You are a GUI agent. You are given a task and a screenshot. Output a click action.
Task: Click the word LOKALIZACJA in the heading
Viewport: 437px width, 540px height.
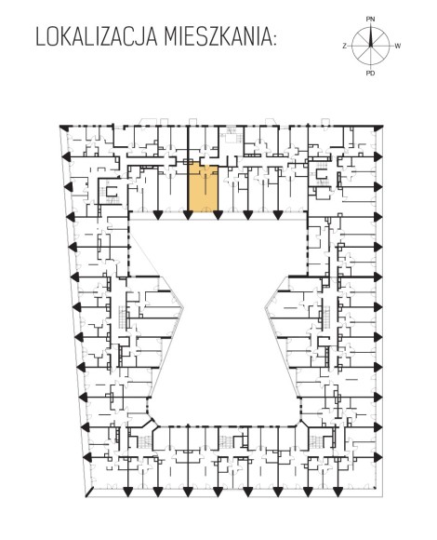(97, 37)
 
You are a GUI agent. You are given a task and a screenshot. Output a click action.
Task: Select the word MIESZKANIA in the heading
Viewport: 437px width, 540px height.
(216, 37)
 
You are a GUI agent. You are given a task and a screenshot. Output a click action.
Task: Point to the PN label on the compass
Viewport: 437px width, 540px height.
(370, 20)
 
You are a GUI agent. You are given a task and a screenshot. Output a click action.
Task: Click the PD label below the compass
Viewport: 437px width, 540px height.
(370, 73)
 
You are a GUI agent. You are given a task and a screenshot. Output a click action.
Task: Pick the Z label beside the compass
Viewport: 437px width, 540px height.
(344, 46)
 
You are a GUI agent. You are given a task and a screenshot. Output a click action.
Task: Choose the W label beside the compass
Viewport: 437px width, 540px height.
(398, 46)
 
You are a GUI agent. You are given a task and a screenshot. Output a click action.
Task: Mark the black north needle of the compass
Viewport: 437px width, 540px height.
(371, 37)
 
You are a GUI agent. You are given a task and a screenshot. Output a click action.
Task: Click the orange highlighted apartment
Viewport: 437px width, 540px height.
(204, 188)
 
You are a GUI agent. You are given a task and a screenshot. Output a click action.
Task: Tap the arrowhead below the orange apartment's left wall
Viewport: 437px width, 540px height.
(188, 215)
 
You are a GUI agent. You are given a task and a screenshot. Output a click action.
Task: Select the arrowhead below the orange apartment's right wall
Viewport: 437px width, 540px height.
(218, 215)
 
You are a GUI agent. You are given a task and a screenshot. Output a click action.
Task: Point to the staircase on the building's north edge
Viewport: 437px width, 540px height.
(231, 135)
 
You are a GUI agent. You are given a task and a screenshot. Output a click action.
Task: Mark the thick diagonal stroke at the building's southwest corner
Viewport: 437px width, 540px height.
(89, 492)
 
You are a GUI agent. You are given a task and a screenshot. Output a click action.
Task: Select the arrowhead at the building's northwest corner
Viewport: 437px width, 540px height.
(64, 128)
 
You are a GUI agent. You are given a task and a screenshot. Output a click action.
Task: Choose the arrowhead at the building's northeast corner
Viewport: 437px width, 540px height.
(378, 128)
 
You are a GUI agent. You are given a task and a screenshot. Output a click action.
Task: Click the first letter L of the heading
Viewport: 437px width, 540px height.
(40, 37)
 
